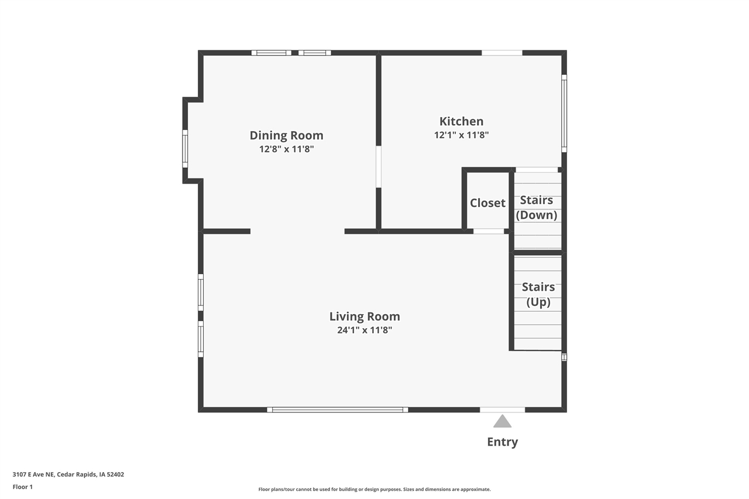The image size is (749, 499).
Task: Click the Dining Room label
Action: (x=286, y=135)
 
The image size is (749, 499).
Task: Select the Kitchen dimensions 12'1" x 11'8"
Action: (x=461, y=135)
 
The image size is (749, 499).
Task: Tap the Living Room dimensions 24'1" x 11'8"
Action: (x=364, y=330)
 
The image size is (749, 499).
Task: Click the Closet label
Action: (x=487, y=203)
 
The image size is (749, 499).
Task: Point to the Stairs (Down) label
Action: (x=537, y=208)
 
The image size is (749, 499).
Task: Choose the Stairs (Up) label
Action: (x=538, y=294)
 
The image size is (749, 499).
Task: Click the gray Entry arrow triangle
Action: (x=502, y=422)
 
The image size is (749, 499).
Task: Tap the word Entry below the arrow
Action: (x=502, y=442)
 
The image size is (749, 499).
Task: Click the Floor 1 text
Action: (x=23, y=487)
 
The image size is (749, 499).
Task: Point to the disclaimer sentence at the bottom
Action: (x=374, y=489)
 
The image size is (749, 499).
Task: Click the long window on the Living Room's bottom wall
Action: (x=338, y=409)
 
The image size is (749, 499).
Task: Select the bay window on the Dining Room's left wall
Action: (x=185, y=149)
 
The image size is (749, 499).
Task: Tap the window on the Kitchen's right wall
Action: (x=564, y=112)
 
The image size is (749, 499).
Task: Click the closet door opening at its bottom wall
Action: (x=489, y=231)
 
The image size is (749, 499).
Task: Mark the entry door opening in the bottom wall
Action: (x=502, y=409)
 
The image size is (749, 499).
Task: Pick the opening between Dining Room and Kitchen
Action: (x=379, y=167)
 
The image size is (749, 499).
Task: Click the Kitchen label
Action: (x=461, y=121)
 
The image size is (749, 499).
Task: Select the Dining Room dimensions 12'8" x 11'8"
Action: (x=287, y=149)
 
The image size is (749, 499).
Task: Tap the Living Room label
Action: (x=364, y=316)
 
